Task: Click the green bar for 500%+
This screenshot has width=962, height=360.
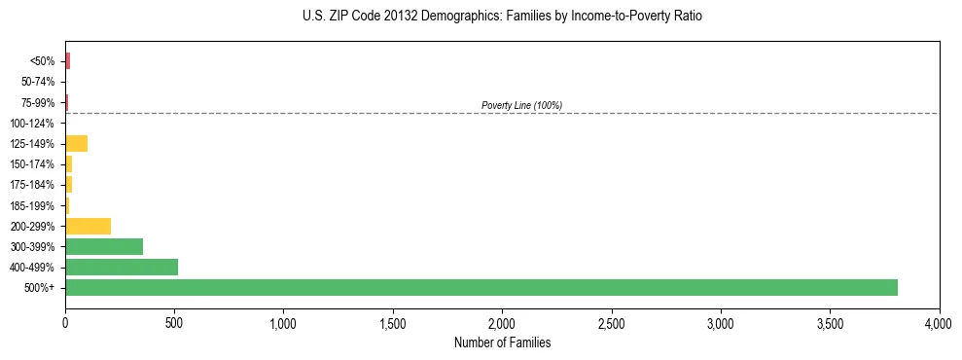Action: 481,287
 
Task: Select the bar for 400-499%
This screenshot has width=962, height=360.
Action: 122,267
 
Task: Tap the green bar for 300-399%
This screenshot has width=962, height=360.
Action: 104,246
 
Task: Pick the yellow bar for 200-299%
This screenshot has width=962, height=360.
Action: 88,226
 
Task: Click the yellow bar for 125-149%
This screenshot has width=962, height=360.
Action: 76,144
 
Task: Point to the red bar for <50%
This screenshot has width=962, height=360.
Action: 67,61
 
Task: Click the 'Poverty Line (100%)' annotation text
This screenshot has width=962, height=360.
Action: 521,105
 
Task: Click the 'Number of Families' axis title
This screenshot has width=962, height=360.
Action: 502,342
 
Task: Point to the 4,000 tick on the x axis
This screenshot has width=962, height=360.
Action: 939,322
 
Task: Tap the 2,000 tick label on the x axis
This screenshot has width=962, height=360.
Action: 502,322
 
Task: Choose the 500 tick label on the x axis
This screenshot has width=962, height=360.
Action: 174,322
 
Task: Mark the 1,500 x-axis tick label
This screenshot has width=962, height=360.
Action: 393,322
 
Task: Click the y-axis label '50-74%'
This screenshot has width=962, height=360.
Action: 38,82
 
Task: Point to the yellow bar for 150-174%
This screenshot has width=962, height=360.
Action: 68,164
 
